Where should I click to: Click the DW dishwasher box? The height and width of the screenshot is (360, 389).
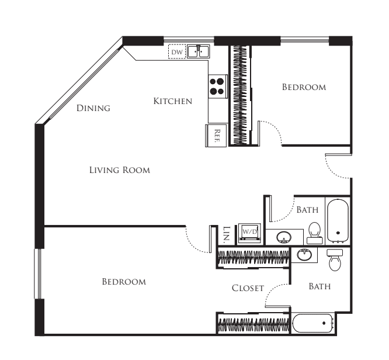pyautogui.click(x=177, y=51)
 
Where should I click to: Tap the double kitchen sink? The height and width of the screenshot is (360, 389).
pyautogui.click(x=198, y=51)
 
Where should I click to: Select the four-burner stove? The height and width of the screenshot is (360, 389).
pyautogui.click(x=218, y=86)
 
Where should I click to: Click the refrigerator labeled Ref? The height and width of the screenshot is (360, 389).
pyautogui.click(x=216, y=136)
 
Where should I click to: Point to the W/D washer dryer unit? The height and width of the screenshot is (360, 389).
pyautogui.click(x=249, y=233)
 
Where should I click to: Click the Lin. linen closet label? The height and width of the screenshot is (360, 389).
pyautogui.click(x=227, y=234)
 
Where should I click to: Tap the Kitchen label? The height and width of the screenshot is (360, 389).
pyautogui.click(x=173, y=101)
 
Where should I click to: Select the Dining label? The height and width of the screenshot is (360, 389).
pyautogui.click(x=93, y=108)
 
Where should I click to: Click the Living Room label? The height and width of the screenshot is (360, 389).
pyautogui.click(x=120, y=170)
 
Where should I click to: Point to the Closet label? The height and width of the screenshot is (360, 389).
pyautogui.click(x=248, y=288)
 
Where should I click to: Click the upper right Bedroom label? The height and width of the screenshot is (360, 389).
pyautogui.click(x=304, y=87)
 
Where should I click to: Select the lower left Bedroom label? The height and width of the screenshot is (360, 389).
pyautogui.click(x=124, y=282)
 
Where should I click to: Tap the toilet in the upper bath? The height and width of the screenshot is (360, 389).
pyautogui.click(x=315, y=233)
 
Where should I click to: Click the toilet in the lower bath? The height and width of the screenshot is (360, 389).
pyautogui.click(x=335, y=259)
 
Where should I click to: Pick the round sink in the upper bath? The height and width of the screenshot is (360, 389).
pyautogui.click(x=284, y=237)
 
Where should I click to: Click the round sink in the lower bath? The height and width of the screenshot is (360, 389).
pyautogui.click(x=304, y=254)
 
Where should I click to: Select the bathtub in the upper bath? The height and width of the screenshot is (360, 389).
pyautogui.click(x=338, y=221)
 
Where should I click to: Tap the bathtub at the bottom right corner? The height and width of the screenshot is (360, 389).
pyautogui.click(x=313, y=323)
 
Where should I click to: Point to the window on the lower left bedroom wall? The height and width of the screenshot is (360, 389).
pyautogui.click(x=38, y=274)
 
